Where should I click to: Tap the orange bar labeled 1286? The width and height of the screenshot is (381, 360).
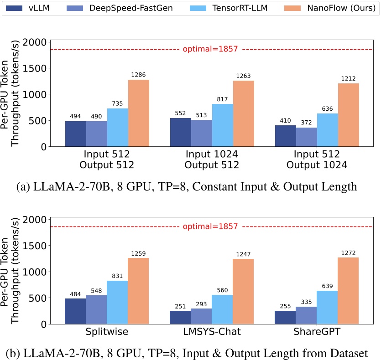pos(138,113)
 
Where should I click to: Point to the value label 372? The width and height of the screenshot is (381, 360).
pos(307,122)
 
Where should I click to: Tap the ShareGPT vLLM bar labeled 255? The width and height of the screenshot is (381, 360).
pos(286,317)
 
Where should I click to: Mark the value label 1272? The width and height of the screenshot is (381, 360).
pos(348,252)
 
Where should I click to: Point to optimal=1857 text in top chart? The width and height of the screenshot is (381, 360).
pos(210,49)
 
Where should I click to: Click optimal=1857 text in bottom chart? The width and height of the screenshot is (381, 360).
pos(210,226)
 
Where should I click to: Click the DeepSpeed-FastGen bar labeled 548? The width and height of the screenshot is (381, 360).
pos(96,309)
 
